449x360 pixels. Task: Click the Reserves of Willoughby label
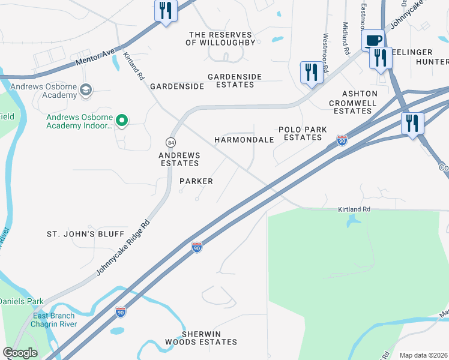(x=222, y=39)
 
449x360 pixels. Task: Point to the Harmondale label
(x=244, y=140)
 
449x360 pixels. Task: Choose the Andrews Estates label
(x=178, y=159)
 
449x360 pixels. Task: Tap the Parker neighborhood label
(x=196, y=181)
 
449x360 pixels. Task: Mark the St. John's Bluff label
(x=86, y=234)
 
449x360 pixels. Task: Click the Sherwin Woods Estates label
(x=210, y=338)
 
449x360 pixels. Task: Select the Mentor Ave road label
(x=95, y=59)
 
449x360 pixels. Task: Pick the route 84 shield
(x=171, y=142)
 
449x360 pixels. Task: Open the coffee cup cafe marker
(x=373, y=40)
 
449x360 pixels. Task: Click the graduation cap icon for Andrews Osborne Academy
(x=86, y=90)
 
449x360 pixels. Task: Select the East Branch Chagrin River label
(x=54, y=320)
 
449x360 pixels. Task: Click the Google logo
(x=20, y=353)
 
